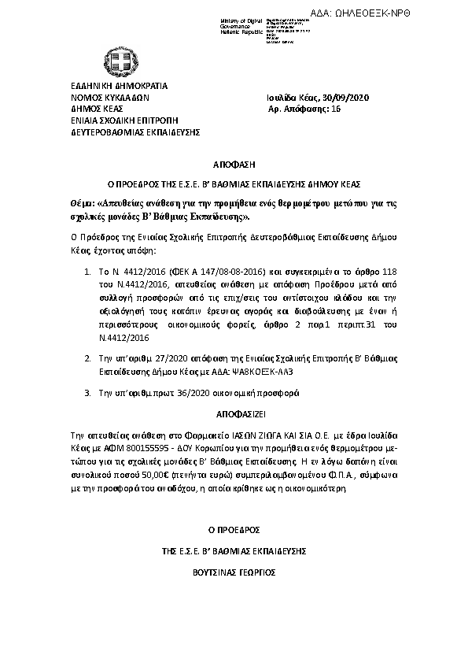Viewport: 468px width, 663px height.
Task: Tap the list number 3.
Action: click(87, 391)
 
